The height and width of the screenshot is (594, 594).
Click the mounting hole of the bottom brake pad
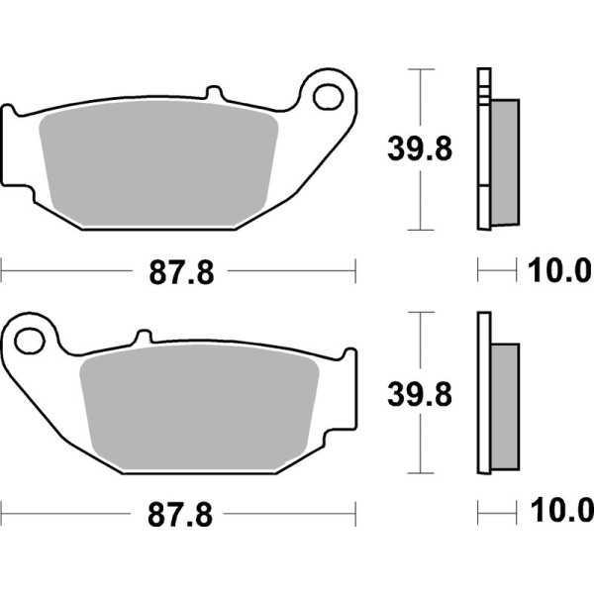click(30, 342)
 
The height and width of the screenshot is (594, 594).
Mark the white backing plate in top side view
click(483, 148)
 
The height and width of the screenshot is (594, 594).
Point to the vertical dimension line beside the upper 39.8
click(423, 99)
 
